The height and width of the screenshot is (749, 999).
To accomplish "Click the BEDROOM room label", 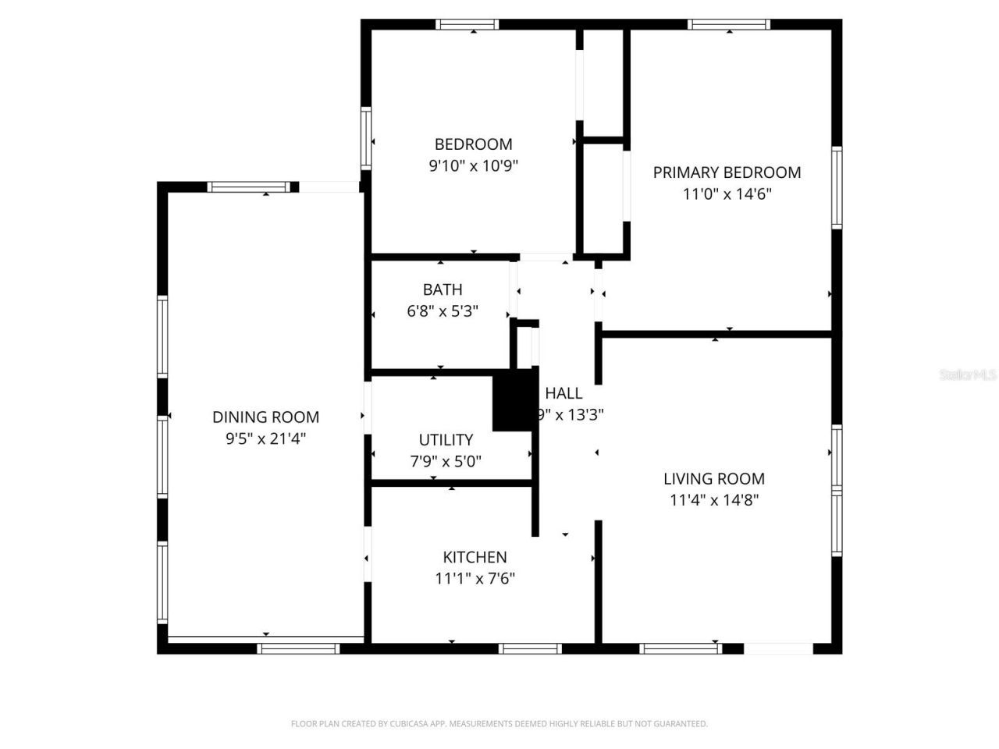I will [x=473, y=144].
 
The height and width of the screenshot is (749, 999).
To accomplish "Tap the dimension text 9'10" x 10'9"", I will [x=473, y=165].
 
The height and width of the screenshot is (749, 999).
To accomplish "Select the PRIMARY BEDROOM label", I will [x=727, y=172].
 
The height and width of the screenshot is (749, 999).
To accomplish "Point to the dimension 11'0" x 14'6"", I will [x=727, y=193].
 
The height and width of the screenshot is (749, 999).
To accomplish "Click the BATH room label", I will [x=443, y=289].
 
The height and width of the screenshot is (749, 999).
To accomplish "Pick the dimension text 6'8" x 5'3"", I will [x=443, y=311].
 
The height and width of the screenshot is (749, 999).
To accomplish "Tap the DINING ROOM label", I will [x=265, y=417].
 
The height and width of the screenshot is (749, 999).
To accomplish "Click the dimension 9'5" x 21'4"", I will [x=265, y=438].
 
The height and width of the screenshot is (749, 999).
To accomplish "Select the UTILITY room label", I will [x=446, y=440].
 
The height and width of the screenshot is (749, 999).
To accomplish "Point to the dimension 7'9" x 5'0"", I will [x=446, y=461].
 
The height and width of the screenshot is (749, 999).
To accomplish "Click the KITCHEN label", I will [x=475, y=557].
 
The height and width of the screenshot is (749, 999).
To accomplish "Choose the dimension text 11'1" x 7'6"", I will [x=475, y=578].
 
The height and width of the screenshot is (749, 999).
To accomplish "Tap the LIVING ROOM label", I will [x=713, y=479].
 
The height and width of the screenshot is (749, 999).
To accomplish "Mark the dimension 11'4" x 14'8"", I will [x=713, y=500].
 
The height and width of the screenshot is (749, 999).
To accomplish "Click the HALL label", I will [x=563, y=393].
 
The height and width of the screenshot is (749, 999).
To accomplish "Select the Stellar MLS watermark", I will [x=968, y=375].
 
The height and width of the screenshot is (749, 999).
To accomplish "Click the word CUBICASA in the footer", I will [x=411, y=724].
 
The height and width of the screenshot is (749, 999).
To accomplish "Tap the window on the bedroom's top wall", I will [x=467, y=24].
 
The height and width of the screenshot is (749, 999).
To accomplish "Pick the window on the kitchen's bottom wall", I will [x=530, y=648].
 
